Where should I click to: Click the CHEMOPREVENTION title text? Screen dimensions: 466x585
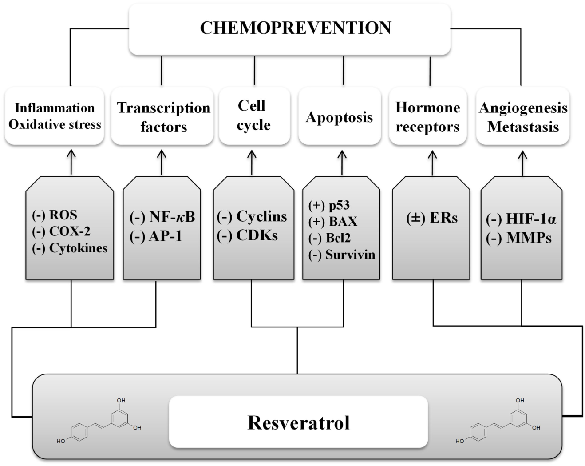pos(295,28)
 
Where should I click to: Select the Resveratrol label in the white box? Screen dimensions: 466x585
pos(298,422)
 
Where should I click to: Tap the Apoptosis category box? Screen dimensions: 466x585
pos(340,117)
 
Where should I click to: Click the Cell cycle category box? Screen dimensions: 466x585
pos(253,116)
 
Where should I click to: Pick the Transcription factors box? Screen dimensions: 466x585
pos(163,117)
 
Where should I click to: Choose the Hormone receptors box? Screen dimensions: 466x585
pos(427,117)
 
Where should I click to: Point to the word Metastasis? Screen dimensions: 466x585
pos(523,127)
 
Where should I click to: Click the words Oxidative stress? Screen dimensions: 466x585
pos(55,124)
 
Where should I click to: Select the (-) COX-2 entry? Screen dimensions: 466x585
pos(61,231)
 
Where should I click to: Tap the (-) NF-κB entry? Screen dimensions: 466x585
pos(162,217)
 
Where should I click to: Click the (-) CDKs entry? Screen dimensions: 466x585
pos(247,235)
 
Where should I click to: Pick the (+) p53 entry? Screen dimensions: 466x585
pos(329,205)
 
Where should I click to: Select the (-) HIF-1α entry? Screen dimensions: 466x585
pos(521,219)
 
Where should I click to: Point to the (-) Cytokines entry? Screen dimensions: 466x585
pos(70,248)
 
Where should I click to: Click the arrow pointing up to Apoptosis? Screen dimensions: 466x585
pos(342,162)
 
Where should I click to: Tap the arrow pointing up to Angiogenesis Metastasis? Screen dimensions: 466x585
pos(522,162)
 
